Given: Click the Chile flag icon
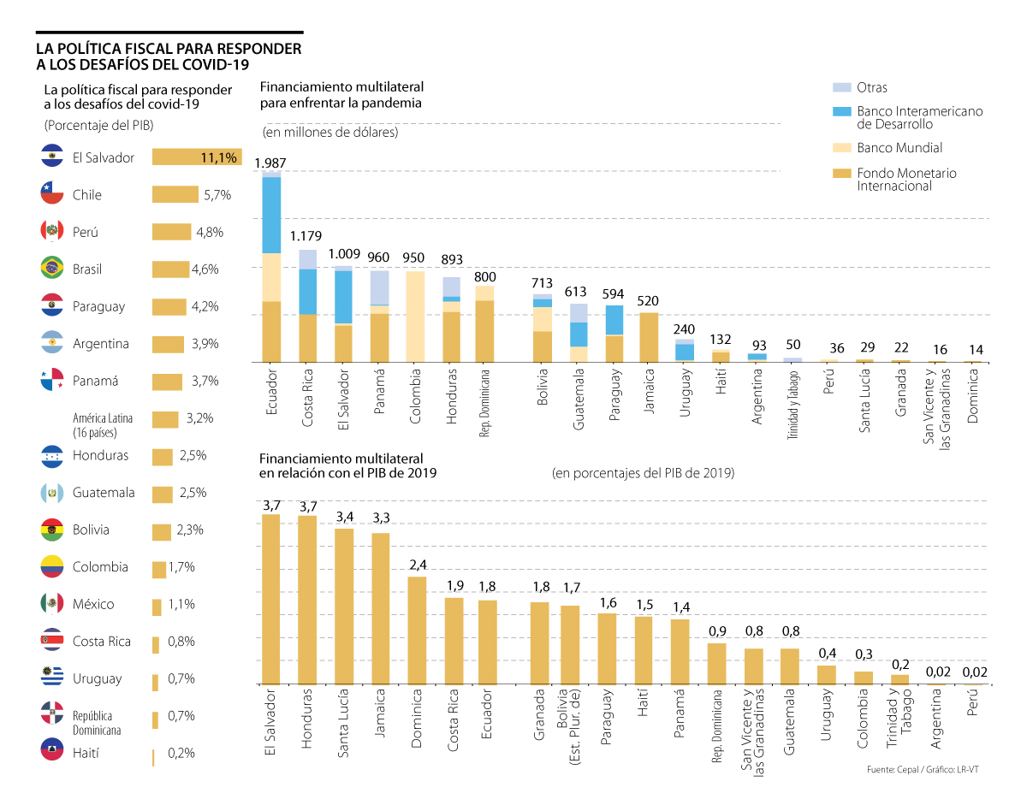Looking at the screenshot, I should [52, 194].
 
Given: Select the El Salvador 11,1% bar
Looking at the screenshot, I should [197, 157].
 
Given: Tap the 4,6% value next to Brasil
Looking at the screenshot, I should [205, 269].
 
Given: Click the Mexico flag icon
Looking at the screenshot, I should [52, 604].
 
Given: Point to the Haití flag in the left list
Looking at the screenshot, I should [52, 753].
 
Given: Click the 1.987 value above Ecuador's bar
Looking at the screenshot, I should [271, 163].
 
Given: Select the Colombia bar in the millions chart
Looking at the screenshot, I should [415, 317].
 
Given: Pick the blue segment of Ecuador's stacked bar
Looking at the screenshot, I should [271, 215].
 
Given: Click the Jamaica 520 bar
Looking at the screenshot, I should [649, 337].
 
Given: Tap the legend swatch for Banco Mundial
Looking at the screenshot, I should [841, 148].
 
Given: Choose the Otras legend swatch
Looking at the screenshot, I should [841, 87].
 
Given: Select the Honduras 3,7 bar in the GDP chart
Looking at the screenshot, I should [307, 600].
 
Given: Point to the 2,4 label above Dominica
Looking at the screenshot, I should [417, 565].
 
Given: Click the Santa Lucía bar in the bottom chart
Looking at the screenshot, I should [344, 607].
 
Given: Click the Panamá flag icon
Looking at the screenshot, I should [52, 381].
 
